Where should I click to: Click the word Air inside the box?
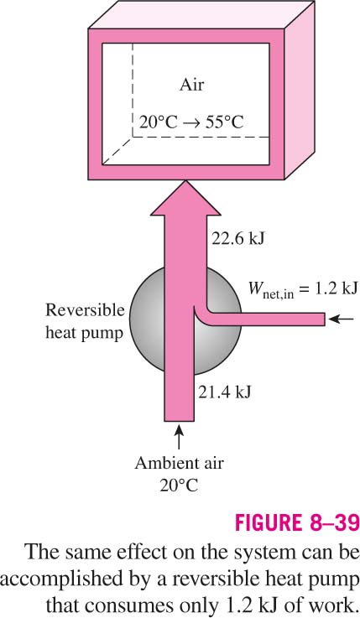191,85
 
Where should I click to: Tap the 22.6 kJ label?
238,238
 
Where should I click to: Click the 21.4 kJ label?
224,392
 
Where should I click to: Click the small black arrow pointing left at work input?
341,319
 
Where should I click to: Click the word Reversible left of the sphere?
85,310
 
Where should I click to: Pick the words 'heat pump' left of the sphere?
85,333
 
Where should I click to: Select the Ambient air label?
179,463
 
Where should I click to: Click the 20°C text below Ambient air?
179,486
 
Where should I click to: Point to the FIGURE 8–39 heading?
297,523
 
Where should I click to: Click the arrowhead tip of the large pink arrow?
185,180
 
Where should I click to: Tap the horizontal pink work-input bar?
264,319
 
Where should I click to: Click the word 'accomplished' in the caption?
58,579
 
